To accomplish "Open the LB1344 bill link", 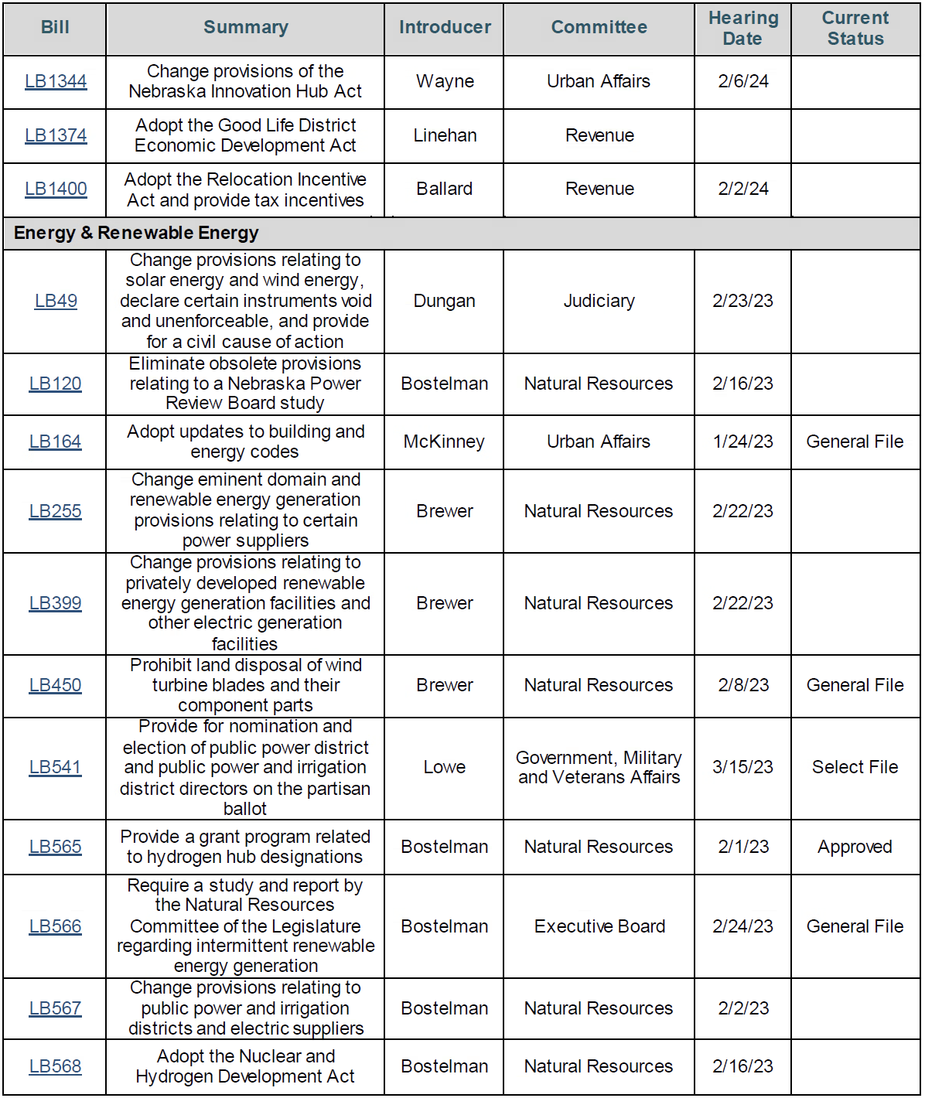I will click(x=56, y=81).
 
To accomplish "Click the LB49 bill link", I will click(x=56, y=301).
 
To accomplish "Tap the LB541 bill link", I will click(x=55, y=767).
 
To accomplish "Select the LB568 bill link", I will click(x=55, y=1066).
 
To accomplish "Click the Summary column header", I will click(x=245, y=28).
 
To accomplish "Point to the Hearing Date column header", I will click(x=742, y=28).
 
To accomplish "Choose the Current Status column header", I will click(x=855, y=28).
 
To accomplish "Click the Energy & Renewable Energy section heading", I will click(x=136, y=233).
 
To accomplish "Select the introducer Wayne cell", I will click(x=445, y=81).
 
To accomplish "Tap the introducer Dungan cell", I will click(x=444, y=301).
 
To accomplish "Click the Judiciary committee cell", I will click(x=599, y=301).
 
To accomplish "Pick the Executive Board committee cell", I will click(x=599, y=926).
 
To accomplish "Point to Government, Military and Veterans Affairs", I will click(x=599, y=767).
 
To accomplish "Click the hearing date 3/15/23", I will click(x=742, y=767).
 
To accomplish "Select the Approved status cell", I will click(x=855, y=847).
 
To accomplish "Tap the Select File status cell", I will click(x=855, y=767).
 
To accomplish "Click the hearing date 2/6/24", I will click(x=742, y=81).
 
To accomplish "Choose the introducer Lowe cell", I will click(x=444, y=767).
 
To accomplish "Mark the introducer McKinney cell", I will click(x=444, y=442).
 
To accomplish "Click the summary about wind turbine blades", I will click(x=245, y=685).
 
